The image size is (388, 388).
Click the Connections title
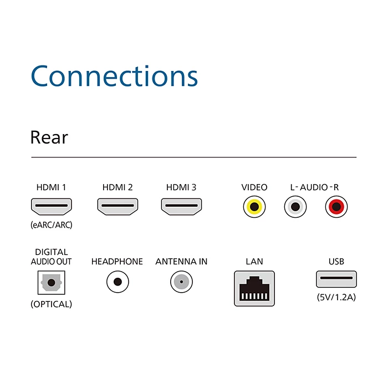click(x=114, y=76)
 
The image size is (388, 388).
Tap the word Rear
click(x=49, y=137)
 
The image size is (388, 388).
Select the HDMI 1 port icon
click(x=51, y=207)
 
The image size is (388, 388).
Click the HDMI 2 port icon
click(x=118, y=207)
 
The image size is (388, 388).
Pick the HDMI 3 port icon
click(x=181, y=207)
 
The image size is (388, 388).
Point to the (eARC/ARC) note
click(x=51, y=225)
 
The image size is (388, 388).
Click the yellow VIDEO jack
click(x=254, y=207)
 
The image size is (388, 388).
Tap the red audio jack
click(x=335, y=207)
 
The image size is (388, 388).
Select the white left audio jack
click(x=294, y=207)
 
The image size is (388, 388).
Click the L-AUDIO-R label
click(x=314, y=187)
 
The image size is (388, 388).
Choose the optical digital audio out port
click(x=51, y=283)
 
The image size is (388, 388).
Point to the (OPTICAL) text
click(x=51, y=304)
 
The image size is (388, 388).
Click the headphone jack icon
click(x=118, y=282)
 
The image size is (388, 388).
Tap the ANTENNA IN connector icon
click(x=181, y=282)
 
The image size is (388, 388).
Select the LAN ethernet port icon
click(x=254, y=288)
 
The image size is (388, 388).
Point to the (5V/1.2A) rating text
click(x=336, y=297)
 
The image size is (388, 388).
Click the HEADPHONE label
click(x=117, y=261)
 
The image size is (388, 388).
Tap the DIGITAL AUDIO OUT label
click(x=51, y=257)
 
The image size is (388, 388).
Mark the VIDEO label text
click(x=254, y=187)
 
